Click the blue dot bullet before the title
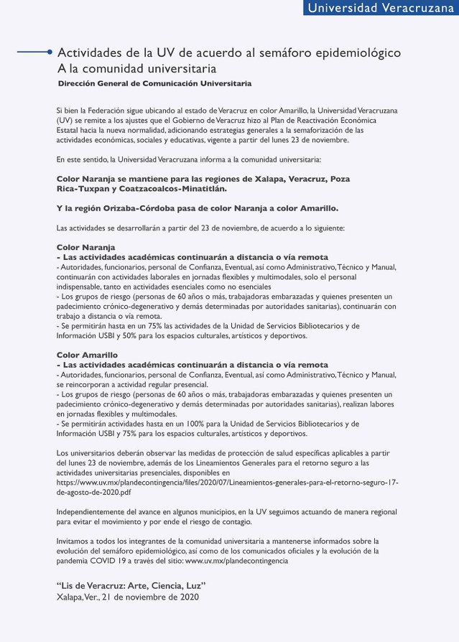50,52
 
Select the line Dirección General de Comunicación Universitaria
154,84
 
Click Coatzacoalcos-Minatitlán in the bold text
164,189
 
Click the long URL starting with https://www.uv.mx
226,483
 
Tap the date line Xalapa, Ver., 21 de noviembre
127,596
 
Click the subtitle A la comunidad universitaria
136,69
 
